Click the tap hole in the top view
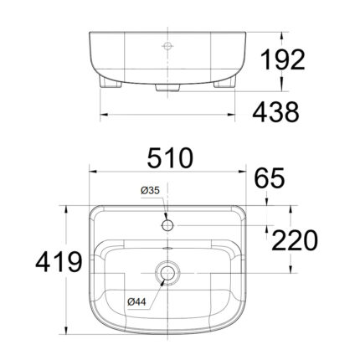click(x=167, y=223)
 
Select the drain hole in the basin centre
click(x=167, y=273)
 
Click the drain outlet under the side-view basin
click(x=167, y=85)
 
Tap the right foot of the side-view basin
click(x=225, y=84)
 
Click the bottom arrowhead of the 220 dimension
click(x=267, y=270)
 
